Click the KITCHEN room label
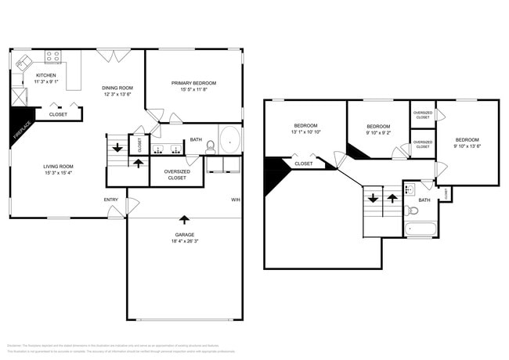coord(45,75)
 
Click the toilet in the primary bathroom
coord(210,146)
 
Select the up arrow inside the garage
coord(184,220)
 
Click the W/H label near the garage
coord(236,199)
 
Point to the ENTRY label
coord(111,200)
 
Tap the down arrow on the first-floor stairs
coord(117,147)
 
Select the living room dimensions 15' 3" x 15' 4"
coord(58,174)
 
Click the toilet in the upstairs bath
coord(413,210)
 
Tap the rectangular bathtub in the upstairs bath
coord(420,229)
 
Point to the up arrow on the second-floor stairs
coord(392,199)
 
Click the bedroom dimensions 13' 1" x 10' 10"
coord(305,133)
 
